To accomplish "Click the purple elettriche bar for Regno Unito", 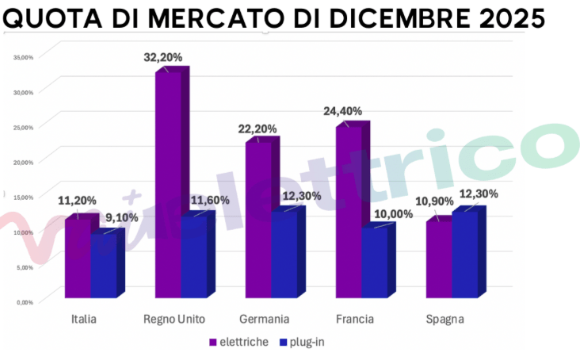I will [x=168, y=182].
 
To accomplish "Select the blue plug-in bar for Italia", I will [x=103, y=266].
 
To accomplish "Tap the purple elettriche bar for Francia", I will [x=349, y=210].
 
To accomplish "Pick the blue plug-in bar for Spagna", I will [x=465, y=254].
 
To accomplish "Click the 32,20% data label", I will [x=162, y=57].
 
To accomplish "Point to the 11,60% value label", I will [x=208, y=201].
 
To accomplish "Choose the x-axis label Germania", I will [x=264, y=319].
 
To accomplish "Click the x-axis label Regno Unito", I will [x=174, y=319].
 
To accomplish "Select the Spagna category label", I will [x=444, y=319].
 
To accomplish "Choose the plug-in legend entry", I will [x=302, y=342].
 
